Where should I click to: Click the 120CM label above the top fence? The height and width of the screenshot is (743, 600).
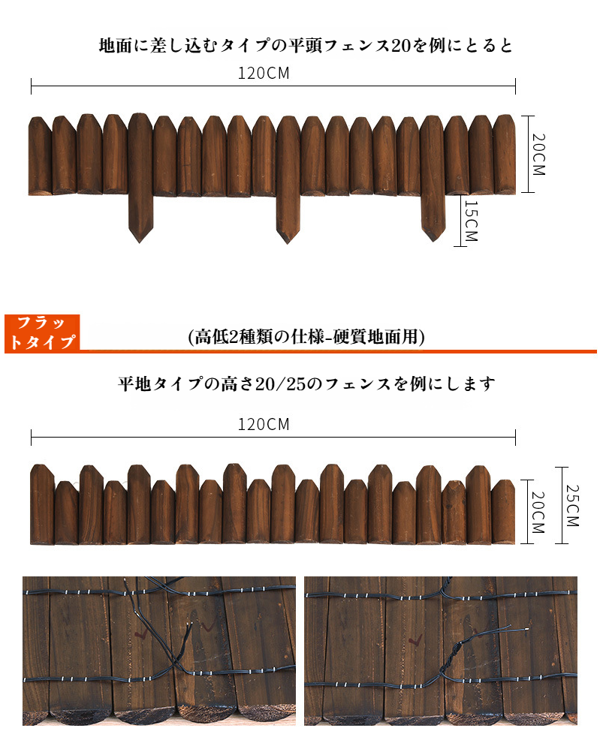(264, 73)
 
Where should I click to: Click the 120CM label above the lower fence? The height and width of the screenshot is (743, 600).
(264, 424)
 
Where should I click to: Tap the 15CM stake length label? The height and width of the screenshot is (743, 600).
(471, 221)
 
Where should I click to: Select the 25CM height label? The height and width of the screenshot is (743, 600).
(572, 505)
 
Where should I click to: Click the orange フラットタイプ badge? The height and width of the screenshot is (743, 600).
(42, 333)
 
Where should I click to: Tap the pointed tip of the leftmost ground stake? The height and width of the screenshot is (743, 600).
(140, 242)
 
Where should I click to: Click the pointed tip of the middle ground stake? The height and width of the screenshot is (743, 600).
(288, 244)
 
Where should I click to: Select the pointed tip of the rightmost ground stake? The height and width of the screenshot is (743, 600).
(433, 241)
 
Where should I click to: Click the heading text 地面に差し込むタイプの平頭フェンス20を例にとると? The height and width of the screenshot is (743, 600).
(306, 46)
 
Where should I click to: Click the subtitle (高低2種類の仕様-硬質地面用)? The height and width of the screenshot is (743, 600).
(306, 337)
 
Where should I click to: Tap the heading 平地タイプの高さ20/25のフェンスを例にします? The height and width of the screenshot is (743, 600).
(306, 384)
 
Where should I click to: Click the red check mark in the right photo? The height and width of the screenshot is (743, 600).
(415, 641)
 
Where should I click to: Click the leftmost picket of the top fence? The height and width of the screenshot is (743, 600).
(41, 156)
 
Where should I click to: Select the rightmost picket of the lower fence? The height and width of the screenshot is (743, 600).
(503, 512)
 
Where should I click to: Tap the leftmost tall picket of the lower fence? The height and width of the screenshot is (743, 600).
(42, 504)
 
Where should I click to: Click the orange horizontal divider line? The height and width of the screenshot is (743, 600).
(338, 351)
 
